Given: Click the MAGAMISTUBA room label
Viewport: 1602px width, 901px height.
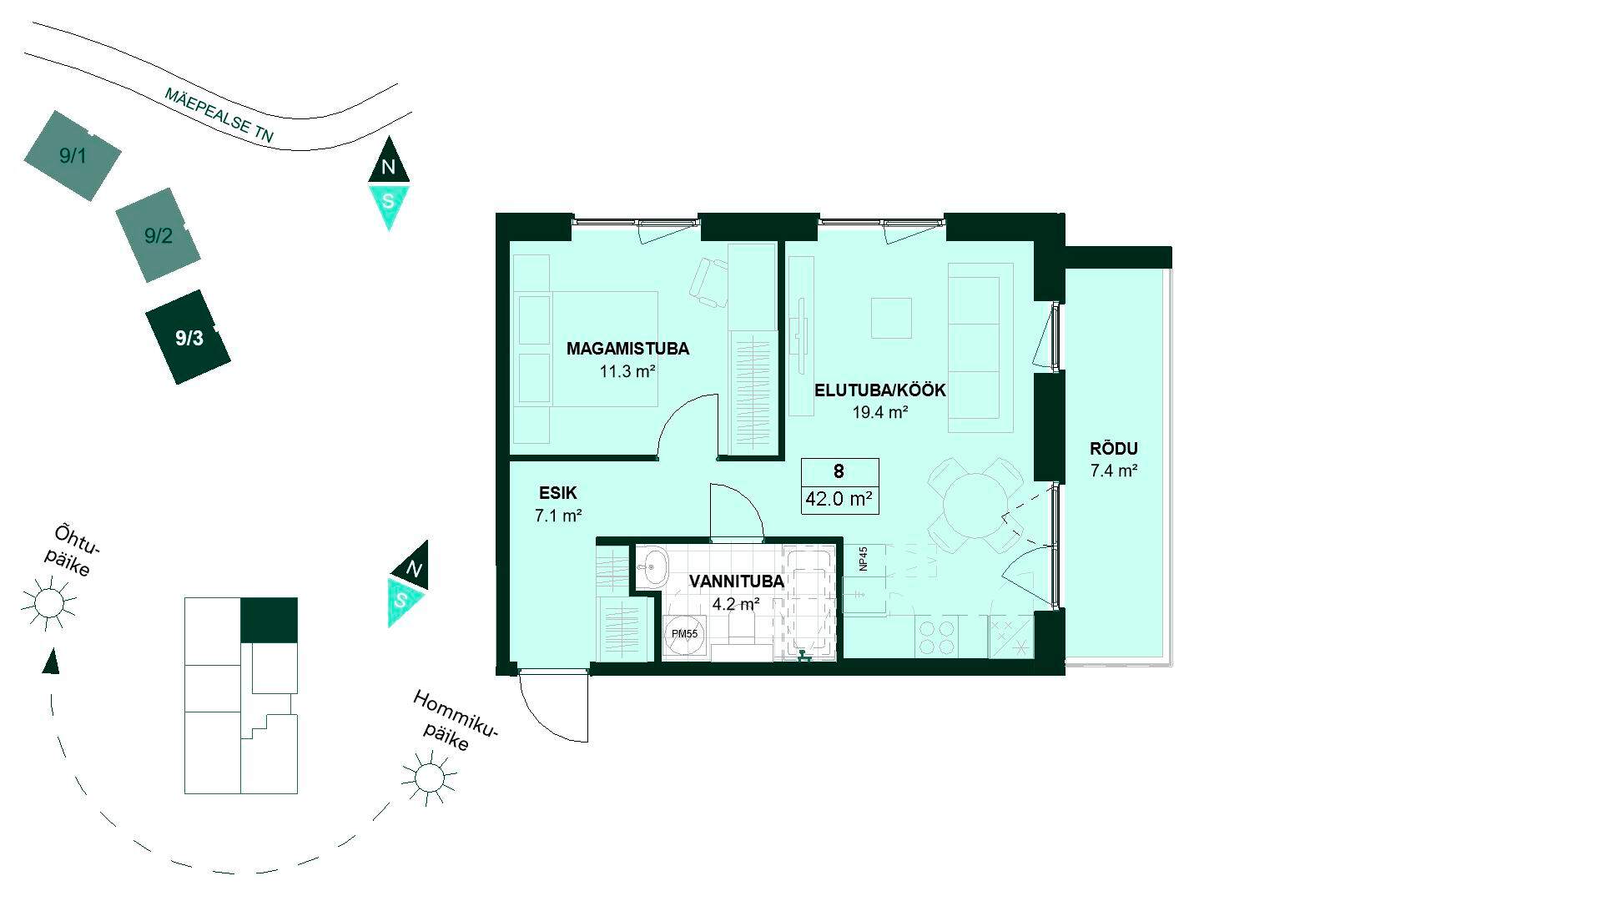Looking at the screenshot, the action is click(x=627, y=349).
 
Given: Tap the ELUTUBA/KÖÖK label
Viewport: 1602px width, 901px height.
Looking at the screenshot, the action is click(x=880, y=390).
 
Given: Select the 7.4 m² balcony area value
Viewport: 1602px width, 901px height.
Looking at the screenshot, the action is click(x=1114, y=471).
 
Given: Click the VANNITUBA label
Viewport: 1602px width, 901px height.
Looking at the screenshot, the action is click(x=737, y=581).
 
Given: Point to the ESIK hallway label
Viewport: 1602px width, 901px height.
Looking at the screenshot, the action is click(x=558, y=493).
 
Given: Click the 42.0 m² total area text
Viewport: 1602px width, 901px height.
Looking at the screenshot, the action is click(x=839, y=500).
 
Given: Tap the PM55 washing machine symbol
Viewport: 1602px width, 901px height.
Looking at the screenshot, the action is click(x=685, y=634).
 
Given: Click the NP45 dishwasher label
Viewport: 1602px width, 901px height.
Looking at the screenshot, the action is click(x=864, y=559).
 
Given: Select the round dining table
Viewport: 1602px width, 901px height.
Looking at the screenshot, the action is click(x=975, y=506).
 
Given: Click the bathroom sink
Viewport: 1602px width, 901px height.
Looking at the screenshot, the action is click(x=657, y=567).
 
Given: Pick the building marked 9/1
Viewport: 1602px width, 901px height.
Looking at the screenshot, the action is click(x=73, y=155).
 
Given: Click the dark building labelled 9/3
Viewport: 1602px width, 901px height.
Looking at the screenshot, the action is click(x=188, y=337).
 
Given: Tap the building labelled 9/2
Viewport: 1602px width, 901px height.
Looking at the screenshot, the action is click(x=158, y=235).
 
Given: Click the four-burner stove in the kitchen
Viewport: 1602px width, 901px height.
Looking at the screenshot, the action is click(x=936, y=637).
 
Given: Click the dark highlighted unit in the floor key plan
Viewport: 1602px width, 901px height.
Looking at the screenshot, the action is click(x=269, y=621).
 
